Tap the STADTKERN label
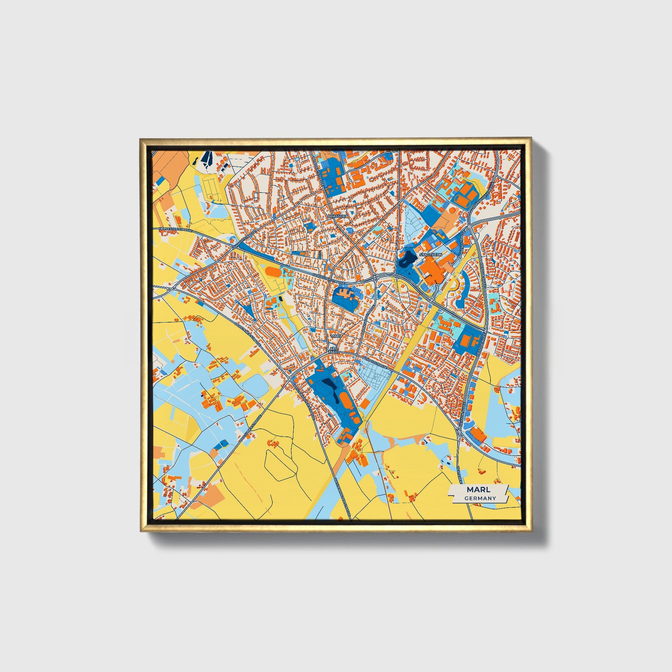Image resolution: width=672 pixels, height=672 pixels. [x=431, y=255]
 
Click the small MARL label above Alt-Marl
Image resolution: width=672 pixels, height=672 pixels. [x=336, y=336]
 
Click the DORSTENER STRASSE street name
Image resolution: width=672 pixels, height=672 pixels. [x=248, y=334]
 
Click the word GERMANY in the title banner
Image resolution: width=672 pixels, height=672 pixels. [x=480, y=498]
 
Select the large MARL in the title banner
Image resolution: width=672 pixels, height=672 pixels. [x=479, y=489]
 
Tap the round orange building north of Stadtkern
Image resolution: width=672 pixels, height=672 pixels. [x=452, y=210]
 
